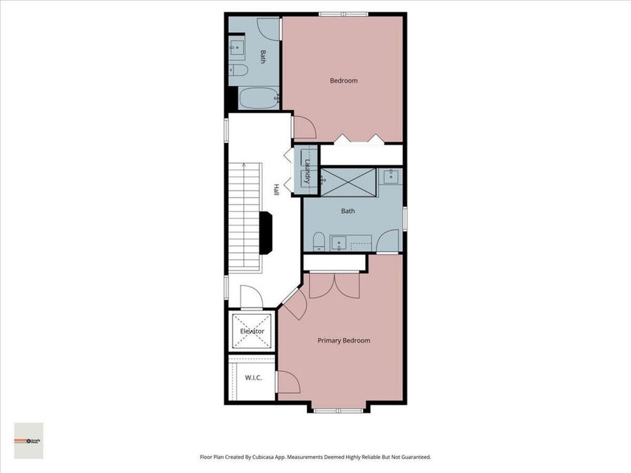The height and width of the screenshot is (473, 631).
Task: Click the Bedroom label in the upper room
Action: click(x=344, y=81)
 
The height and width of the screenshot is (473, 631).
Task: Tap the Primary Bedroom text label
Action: click(x=344, y=341)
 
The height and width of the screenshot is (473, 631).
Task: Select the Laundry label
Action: click(x=307, y=171)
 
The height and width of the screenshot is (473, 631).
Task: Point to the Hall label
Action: click(x=276, y=190)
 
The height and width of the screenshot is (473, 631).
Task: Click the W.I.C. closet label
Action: click(x=253, y=378)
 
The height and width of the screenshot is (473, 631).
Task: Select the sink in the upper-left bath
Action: click(x=236, y=48)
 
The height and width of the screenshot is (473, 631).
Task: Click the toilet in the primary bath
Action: click(x=318, y=241)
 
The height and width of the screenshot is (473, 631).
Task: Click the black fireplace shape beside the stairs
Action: click(x=265, y=233)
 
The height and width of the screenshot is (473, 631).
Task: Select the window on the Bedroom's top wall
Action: click(x=343, y=13)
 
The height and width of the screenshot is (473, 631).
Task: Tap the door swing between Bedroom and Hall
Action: click(x=304, y=128)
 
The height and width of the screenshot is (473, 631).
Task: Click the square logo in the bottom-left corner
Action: click(x=29, y=441)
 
